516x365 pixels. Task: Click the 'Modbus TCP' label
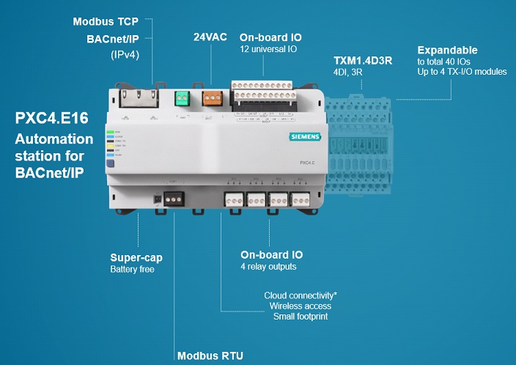(105, 22)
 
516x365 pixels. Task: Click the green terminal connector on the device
(182, 98)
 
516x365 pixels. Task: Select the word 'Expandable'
(447, 51)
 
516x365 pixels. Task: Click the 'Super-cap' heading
(136, 258)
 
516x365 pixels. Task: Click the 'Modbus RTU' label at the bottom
(210, 356)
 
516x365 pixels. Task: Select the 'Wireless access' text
(300, 306)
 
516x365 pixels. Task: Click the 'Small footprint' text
(300, 316)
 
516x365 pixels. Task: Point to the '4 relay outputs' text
(268, 267)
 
